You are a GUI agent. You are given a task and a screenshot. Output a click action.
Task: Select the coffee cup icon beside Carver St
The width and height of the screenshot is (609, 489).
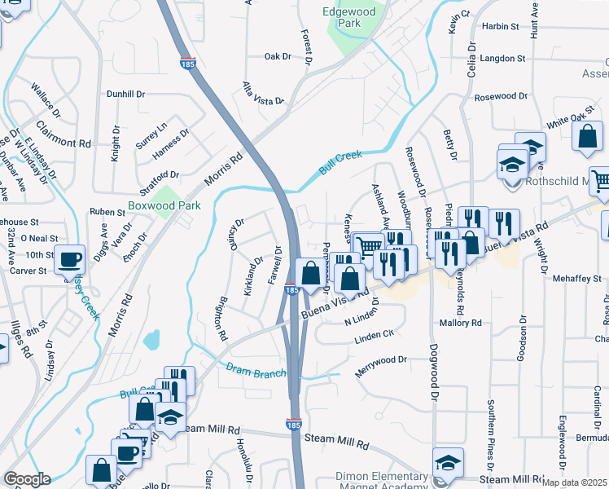coord(69,259)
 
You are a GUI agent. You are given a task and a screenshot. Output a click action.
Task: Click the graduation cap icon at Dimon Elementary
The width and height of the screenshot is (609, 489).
coord(447,462)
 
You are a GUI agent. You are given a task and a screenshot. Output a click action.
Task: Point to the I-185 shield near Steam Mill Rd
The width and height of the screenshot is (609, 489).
coord(294,425)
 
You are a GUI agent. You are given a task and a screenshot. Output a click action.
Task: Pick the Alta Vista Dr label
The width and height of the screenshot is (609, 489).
coord(263,94)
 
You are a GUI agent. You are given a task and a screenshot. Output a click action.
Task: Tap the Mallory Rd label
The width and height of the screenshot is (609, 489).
coord(461,324)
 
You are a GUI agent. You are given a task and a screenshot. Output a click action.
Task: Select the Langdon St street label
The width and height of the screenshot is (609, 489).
coord(502,59)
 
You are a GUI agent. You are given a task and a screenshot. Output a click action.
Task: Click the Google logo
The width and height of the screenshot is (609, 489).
coord(28,479)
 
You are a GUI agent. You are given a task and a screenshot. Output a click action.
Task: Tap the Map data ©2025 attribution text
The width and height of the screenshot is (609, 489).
coord(574,482)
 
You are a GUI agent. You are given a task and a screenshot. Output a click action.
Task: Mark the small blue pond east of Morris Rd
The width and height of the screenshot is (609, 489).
coord(151,340)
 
